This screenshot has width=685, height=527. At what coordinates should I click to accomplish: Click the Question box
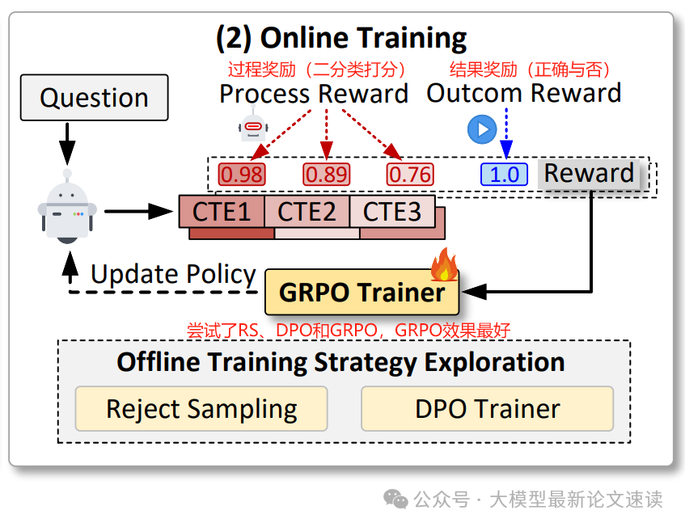coord(94,98)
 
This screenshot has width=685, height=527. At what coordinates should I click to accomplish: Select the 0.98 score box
coord(243,174)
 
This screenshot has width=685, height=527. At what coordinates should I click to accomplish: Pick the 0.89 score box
coord(325,174)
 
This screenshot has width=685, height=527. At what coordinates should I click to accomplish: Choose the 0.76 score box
coord(409,174)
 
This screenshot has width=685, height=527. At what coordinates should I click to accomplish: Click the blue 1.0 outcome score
coord(504,174)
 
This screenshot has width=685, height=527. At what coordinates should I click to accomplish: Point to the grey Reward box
coord(588,173)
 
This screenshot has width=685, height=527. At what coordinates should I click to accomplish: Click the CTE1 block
coord(221,211)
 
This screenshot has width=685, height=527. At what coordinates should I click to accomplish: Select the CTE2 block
coord(307,211)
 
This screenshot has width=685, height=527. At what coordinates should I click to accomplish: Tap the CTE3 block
coord(392,211)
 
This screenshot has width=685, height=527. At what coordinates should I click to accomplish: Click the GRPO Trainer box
coord(362,292)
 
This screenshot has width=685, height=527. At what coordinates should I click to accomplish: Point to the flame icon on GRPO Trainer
coord(444,263)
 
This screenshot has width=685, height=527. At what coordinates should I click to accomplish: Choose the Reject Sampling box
coord(201,409)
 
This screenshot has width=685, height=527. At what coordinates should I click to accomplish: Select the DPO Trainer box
coord(487,409)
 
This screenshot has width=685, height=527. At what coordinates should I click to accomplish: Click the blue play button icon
coord(481,129)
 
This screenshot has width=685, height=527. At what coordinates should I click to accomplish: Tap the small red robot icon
coord(252,127)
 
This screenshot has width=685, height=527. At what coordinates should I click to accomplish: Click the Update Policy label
coord(173,275)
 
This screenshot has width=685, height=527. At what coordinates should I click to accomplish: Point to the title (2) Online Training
coord(341,38)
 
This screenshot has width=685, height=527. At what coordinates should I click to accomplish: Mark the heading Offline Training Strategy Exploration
coord(340,361)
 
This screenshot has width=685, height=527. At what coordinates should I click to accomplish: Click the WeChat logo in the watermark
coord(395,500)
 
